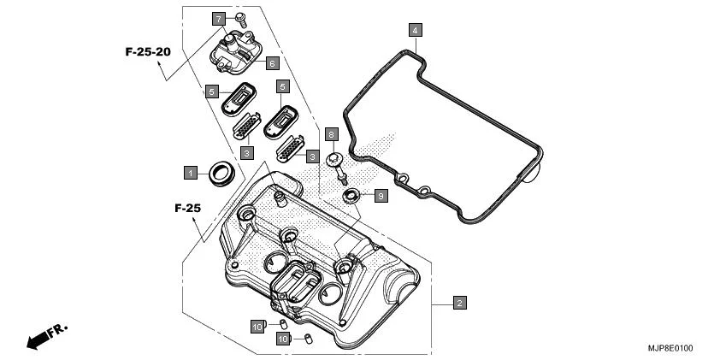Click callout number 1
tap(191, 172)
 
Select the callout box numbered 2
tap(459, 303)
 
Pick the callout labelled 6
tap(271, 63)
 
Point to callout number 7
tap(219, 18)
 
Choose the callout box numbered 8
tap(332, 134)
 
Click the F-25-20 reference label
tap(148, 52)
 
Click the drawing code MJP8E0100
tap(670, 348)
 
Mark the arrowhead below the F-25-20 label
tap(160, 76)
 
